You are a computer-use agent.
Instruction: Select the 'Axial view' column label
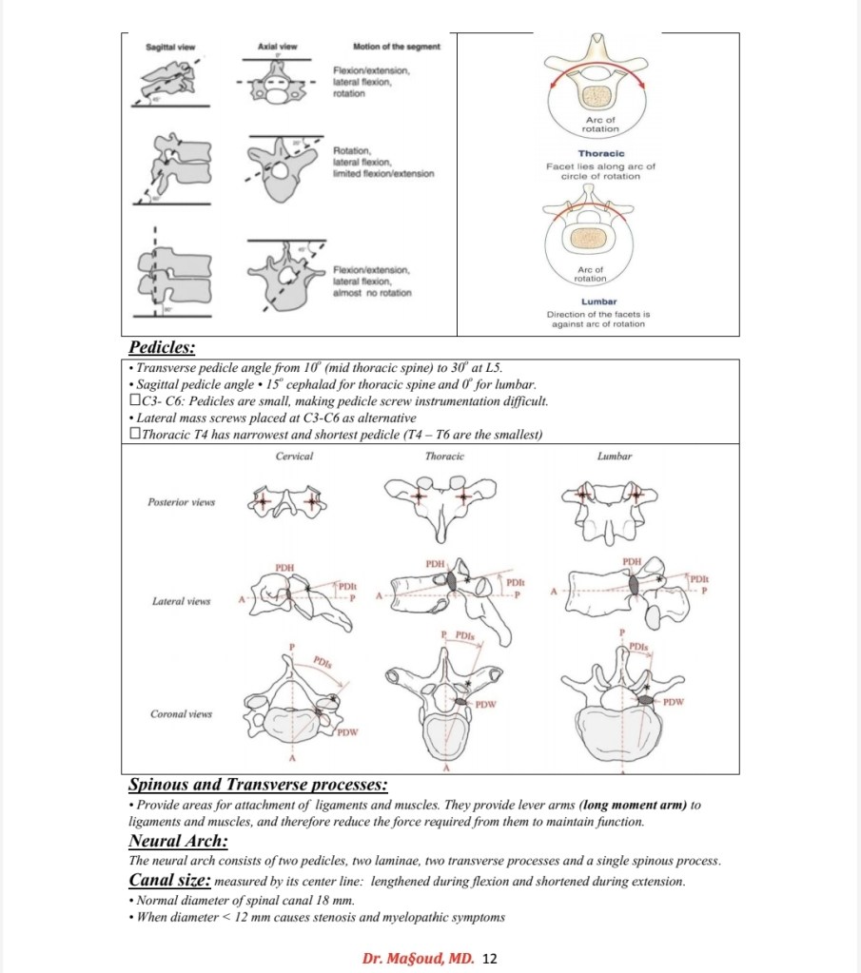pos(277,47)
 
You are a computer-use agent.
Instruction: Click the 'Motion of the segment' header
pos(396,47)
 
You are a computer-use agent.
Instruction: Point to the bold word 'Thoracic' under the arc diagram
pos(600,153)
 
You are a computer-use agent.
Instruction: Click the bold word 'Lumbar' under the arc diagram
pos(598,302)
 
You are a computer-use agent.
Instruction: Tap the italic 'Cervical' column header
pos(294,457)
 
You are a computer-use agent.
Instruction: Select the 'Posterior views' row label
pos(182,500)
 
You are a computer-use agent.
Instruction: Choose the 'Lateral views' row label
pos(180,601)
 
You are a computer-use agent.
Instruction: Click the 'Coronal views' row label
pos(181,713)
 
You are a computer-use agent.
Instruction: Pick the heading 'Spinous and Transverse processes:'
pos(258,785)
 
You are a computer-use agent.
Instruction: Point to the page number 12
pos(490,958)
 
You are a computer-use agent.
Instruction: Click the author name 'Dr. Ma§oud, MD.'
pos(419,958)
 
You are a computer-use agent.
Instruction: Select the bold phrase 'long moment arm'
pos(633,805)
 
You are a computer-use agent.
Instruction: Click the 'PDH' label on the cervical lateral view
pos(284,568)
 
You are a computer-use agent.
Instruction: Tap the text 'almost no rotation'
pos(372,292)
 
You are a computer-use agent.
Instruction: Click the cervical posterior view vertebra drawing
pos(286,502)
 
